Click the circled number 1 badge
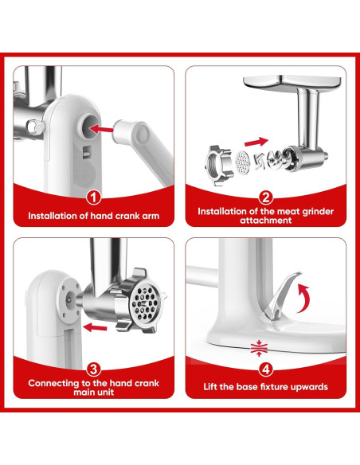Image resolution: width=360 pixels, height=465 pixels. pyautogui.click(x=93, y=197)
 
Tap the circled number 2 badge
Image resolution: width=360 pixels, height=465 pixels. pyautogui.click(x=266, y=197)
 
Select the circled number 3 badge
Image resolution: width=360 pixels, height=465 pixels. pyautogui.click(x=93, y=369)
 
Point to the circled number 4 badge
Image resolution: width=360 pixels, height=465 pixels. pyautogui.click(x=266, y=369)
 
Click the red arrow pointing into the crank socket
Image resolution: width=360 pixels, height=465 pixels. pyautogui.click(x=101, y=129)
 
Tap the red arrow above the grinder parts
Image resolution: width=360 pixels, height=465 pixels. pyautogui.click(x=256, y=142)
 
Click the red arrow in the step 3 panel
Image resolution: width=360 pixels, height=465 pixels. pyautogui.click(x=95, y=327)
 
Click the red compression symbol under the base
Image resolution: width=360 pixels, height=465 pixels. pyautogui.click(x=259, y=348)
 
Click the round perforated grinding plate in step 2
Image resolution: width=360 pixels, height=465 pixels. pyautogui.click(x=242, y=162)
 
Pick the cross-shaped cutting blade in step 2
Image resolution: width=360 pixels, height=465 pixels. pyautogui.click(x=259, y=162)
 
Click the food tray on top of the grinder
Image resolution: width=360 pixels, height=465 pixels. pyautogui.click(x=292, y=84)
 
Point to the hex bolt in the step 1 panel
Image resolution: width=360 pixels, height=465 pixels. pyautogui.click(x=35, y=127)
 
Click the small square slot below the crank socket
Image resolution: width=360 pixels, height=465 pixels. pyautogui.click(x=86, y=151)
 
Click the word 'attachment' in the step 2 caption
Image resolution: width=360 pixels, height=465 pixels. pyautogui.click(x=266, y=221)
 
